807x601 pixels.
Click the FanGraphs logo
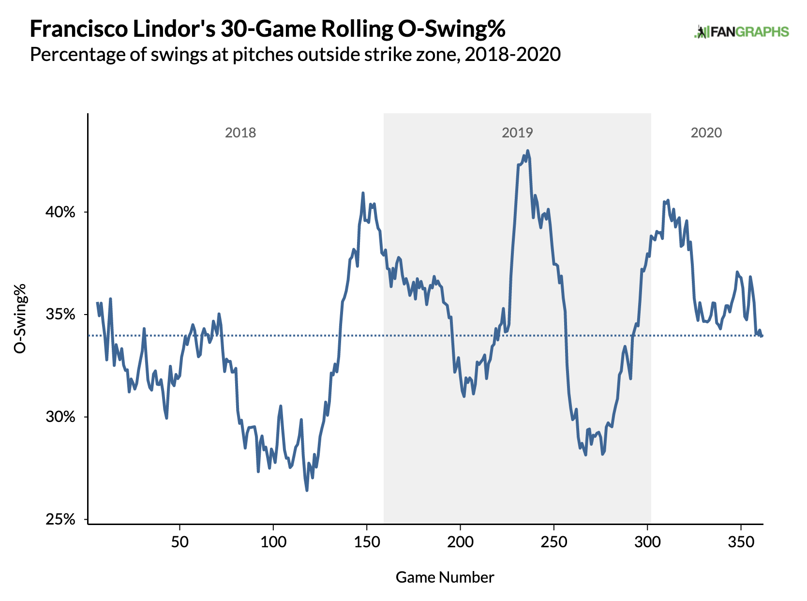741,32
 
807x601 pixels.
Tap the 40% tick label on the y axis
61,212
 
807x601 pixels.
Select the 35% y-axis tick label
61,315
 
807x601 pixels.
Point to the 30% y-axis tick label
61,417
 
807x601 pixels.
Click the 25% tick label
61,520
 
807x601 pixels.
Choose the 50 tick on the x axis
179,541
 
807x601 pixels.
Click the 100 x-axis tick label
273,541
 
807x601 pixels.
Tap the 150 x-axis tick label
367,541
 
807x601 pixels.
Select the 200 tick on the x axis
460,541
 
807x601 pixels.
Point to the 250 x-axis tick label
554,541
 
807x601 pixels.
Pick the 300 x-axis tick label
647,541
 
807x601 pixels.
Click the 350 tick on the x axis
741,541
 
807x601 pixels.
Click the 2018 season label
240,133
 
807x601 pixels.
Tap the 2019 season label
517,133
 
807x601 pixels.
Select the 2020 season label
706,133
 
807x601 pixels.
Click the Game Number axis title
445,577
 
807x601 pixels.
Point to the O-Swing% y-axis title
20,318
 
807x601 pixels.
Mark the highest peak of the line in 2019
527,151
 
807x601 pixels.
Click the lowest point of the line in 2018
307,490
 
